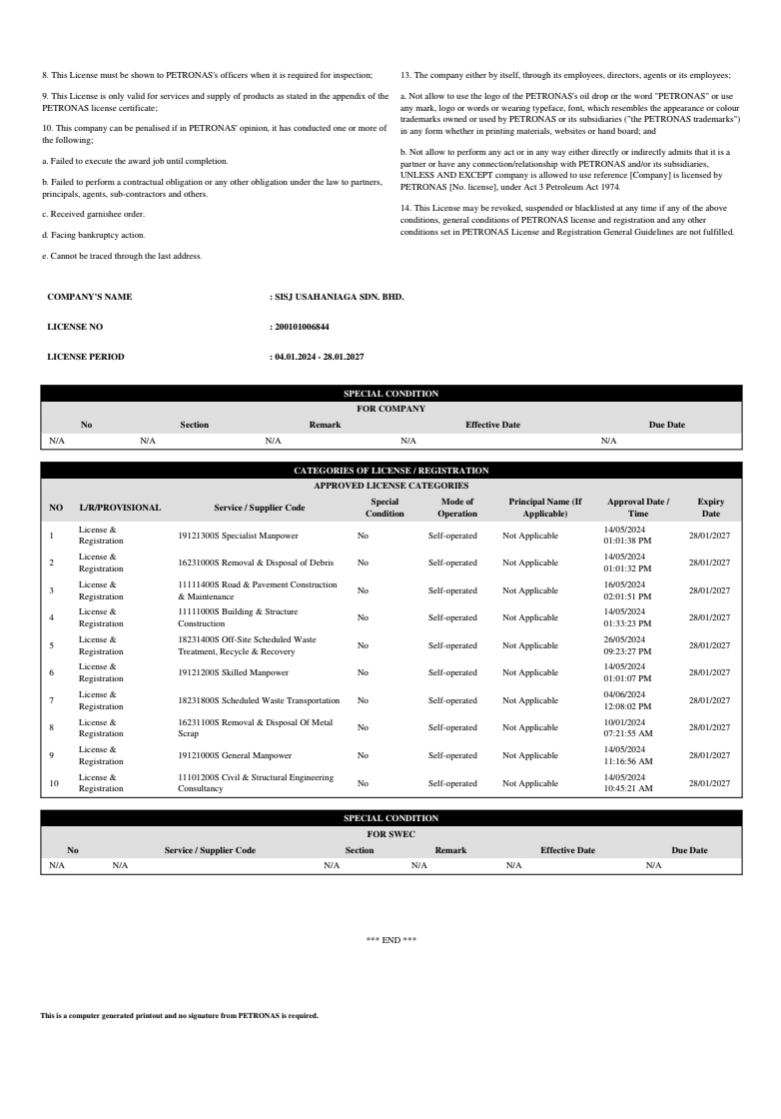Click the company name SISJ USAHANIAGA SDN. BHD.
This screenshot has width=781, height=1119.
pos(339,297)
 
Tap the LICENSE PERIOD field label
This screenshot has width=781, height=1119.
pos(86,357)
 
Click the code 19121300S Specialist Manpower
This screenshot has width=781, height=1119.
pos(232,536)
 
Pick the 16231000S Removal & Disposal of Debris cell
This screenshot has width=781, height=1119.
pos(241,562)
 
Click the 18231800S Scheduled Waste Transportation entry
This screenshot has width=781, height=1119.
pos(260,700)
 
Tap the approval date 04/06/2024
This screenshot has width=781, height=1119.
pos(625,693)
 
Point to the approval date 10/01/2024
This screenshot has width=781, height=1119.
pos(625,721)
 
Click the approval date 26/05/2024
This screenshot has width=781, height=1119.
pos(625,638)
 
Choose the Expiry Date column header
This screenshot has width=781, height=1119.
pos(710,508)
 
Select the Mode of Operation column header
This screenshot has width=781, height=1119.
pos(456,508)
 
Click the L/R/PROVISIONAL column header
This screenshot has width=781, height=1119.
pos(120,508)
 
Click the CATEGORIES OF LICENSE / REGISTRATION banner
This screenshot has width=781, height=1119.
pos(390,470)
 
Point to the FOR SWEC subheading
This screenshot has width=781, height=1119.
pos(390,833)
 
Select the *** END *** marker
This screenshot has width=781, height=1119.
pos(390,940)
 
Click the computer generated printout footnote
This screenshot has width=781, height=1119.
pos(179,1015)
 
